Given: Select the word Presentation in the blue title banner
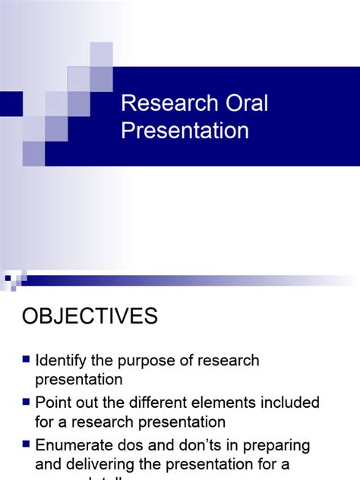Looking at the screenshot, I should (x=185, y=131).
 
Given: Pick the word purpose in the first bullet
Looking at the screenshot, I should (x=153, y=361).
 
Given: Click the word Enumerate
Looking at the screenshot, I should (x=79, y=445).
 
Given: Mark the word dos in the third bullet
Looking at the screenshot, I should (x=141, y=445).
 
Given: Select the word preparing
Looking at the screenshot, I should (x=277, y=446).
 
